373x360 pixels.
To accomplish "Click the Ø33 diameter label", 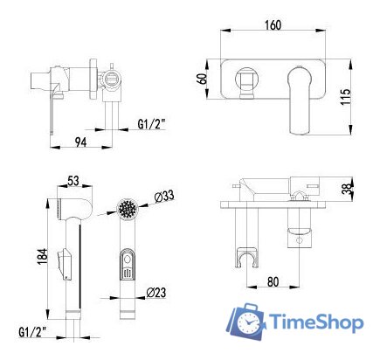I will [162, 197].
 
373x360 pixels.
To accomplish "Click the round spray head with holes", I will [127, 211].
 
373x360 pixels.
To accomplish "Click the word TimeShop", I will [316, 323].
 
